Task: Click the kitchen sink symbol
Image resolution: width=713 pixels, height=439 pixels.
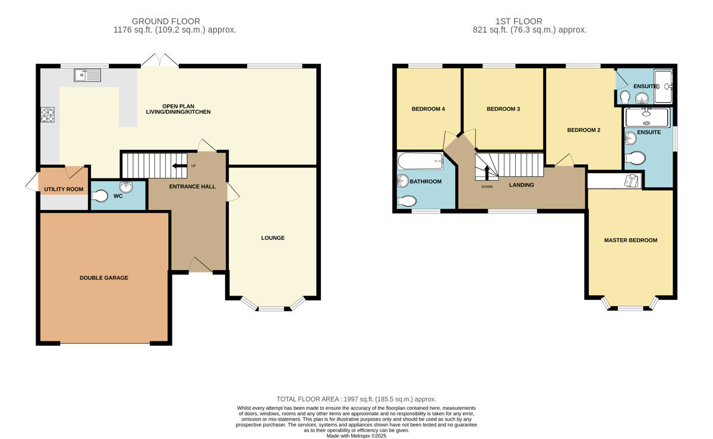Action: coord(88,75)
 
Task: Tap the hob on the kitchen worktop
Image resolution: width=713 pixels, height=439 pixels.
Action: coord(48,114)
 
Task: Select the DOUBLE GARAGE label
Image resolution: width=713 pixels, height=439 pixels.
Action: coord(104,278)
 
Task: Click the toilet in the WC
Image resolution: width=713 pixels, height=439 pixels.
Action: coord(100,195)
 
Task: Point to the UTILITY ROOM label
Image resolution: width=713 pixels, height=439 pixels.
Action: coord(64,189)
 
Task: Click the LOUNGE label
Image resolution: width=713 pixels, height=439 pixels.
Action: coord(273,238)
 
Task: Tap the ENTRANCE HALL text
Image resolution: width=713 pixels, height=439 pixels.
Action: coord(192,187)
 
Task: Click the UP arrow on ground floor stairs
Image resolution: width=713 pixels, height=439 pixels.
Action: coord(179,166)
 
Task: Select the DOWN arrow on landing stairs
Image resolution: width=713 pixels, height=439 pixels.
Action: coord(487,173)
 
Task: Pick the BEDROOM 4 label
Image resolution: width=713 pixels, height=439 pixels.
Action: coord(428,109)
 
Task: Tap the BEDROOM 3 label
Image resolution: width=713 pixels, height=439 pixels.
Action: coord(503,109)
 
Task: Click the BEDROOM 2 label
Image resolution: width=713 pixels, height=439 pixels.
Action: coord(583,130)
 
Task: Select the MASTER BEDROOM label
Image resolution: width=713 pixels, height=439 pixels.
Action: coord(630,240)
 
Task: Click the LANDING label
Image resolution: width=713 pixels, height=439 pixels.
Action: coord(521,185)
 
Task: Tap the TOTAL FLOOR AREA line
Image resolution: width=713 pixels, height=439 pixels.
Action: coord(356,399)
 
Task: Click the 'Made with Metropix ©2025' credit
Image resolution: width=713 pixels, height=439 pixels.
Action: coord(356,435)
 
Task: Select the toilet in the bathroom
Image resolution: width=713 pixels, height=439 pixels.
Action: coord(406,201)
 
